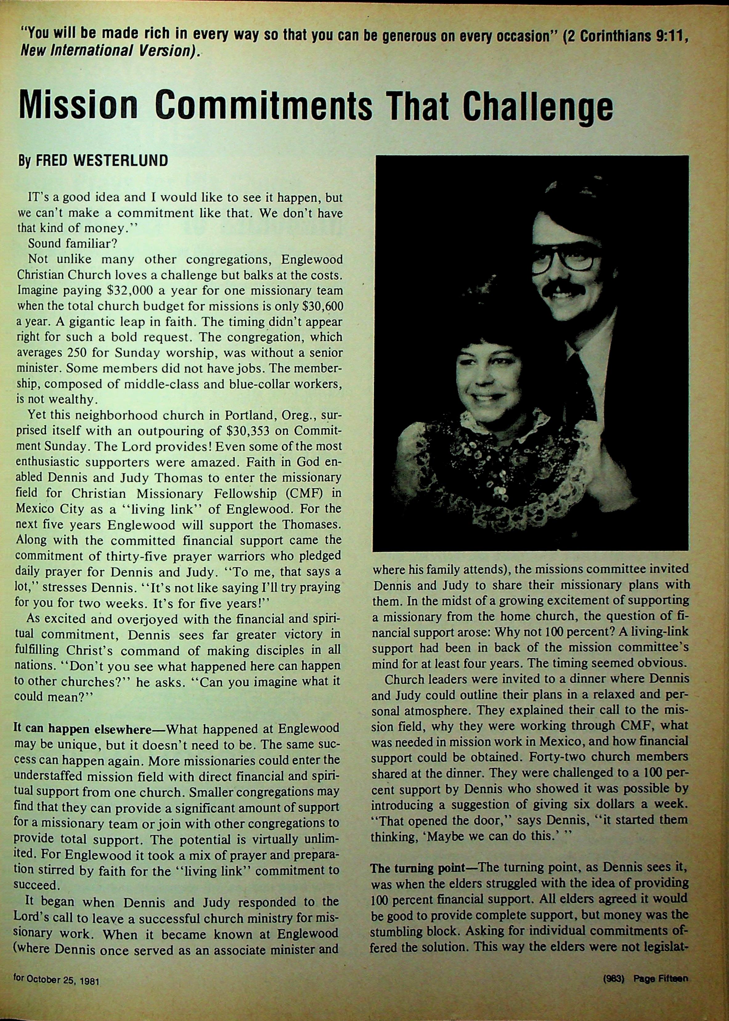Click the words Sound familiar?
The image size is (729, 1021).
click(72, 244)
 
